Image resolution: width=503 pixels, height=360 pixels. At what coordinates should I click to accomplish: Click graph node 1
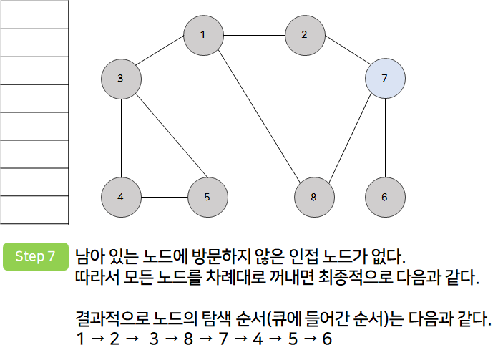(x=203, y=34)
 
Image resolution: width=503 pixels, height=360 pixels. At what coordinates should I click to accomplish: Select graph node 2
(x=304, y=34)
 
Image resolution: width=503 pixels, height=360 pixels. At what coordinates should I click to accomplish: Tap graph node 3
(x=121, y=79)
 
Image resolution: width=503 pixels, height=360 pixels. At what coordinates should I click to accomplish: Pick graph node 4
(x=121, y=197)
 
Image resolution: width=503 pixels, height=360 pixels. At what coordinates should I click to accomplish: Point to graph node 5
(x=207, y=197)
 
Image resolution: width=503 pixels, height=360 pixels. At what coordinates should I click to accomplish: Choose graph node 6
(x=385, y=197)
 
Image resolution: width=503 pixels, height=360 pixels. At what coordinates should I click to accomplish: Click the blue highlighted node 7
(x=385, y=79)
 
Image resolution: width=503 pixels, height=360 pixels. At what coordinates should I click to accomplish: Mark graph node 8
(x=313, y=197)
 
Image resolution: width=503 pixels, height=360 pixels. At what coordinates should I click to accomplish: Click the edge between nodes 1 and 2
(x=254, y=34)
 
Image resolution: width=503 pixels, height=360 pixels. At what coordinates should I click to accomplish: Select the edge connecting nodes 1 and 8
(x=258, y=115)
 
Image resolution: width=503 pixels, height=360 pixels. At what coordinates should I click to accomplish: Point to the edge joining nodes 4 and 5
(x=164, y=197)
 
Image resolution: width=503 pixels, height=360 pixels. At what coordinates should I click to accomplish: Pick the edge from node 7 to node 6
(x=385, y=137)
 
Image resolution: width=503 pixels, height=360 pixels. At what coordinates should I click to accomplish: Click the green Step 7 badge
(x=35, y=257)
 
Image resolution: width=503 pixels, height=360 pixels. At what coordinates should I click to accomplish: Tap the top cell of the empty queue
(x=34, y=15)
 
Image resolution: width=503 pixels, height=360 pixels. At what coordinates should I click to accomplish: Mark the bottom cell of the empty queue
(x=34, y=210)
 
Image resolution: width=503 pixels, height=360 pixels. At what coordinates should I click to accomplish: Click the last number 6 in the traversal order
(x=327, y=338)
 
